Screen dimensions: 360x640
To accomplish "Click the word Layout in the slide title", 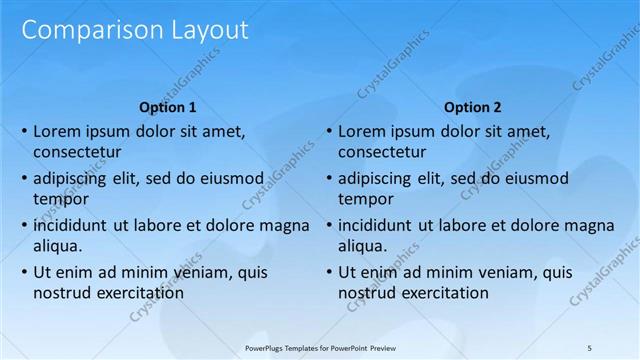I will click(x=204, y=31).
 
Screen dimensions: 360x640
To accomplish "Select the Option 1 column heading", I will click(x=168, y=107).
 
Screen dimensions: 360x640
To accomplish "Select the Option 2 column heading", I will click(x=473, y=107).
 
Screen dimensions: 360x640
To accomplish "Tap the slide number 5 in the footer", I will click(x=590, y=346).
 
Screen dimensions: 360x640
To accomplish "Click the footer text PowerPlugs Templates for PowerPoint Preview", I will click(x=320, y=346).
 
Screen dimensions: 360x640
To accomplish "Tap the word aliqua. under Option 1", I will click(x=58, y=246).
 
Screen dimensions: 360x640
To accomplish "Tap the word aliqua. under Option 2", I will click(x=363, y=246).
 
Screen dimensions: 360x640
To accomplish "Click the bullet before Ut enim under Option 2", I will click(x=329, y=272).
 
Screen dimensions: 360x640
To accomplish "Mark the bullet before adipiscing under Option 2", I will click(x=329, y=178).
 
